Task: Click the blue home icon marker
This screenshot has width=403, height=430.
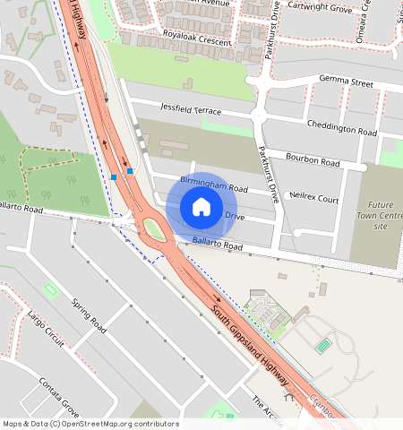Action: tap(201, 208)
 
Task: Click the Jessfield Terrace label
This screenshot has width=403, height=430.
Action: tap(190, 107)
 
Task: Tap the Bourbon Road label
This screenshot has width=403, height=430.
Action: tap(313, 162)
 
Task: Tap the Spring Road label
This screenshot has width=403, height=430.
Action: tap(89, 316)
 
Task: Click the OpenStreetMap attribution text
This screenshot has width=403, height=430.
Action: tap(90, 424)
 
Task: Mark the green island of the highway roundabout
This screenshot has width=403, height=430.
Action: tap(154, 230)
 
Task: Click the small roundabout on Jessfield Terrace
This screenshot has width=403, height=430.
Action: tap(259, 115)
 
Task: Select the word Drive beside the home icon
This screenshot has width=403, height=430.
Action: tap(235, 216)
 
